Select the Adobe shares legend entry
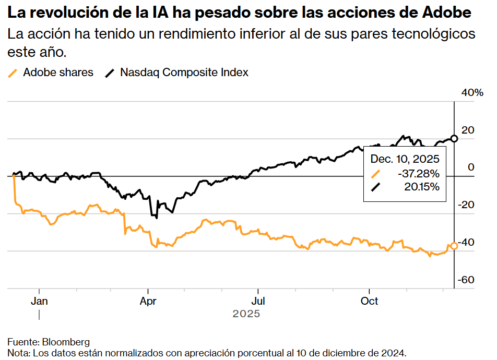[58, 73]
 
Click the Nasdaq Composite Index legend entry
[184, 73]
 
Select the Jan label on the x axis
[39, 302]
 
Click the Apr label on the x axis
[149, 302]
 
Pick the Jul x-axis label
[258, 302]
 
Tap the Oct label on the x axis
[369, 302]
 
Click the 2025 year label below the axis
[246, 314]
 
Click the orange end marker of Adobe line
[454, 246]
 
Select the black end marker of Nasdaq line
[454, 138]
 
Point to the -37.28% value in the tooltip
[418, 173]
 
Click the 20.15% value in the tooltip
[422, 187]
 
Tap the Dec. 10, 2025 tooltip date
[405, 159]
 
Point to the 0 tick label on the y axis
[471, 167]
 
